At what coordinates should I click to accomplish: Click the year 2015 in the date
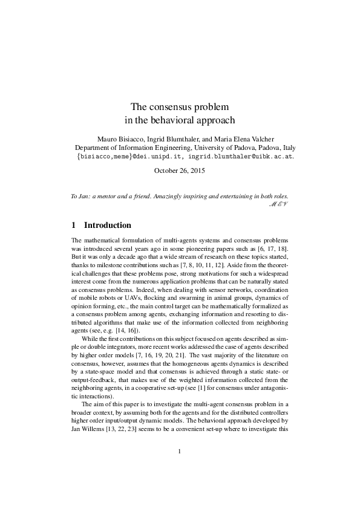[x=197, y=171]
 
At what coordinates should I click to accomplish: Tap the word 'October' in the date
[x=168, y=171]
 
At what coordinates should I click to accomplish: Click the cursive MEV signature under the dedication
[x=277, y=204]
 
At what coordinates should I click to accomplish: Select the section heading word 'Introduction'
[x=108, y=225]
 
